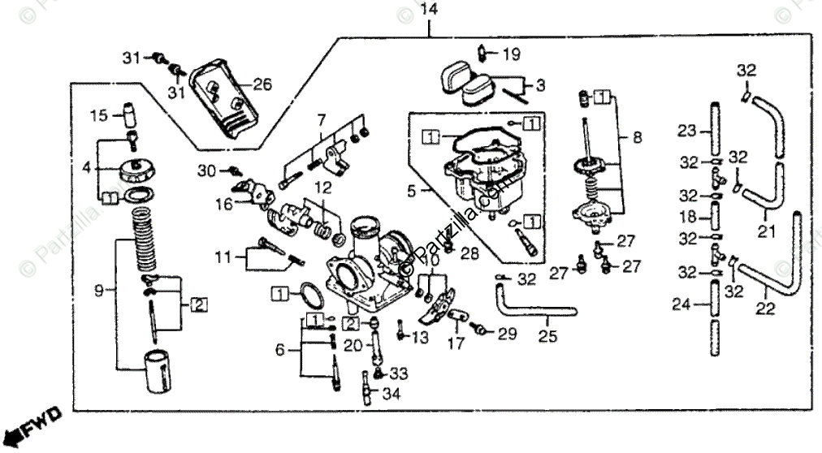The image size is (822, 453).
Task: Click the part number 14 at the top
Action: pos(429,11)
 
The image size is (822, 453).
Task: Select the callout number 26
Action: pos(262,84)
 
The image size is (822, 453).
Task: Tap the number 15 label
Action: pos(99,116)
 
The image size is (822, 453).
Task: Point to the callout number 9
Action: pos(99,289)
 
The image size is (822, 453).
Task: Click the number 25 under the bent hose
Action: pos(548,334)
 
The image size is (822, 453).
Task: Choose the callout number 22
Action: pos(765,308)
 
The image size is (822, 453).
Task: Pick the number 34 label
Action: pos(392,396)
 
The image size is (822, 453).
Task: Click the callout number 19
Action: pos(510,55)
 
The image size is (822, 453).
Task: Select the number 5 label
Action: pos(412,192)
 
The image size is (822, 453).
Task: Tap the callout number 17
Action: pos(456,343)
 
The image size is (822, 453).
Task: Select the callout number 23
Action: pos(687,132)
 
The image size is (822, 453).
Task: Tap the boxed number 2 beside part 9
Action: pos(199,305)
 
